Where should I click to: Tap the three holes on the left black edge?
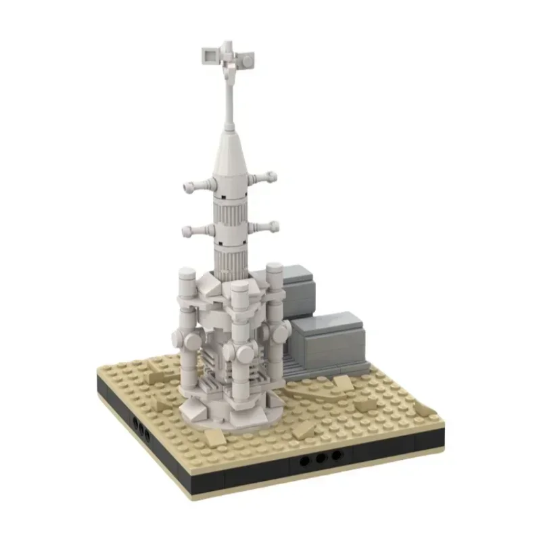[x=141, y=426]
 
